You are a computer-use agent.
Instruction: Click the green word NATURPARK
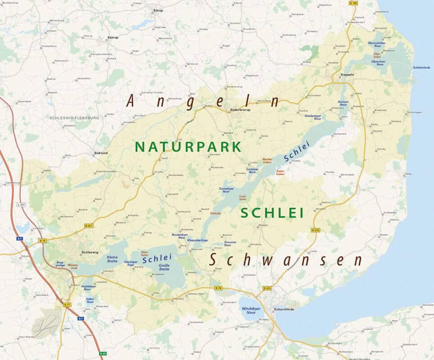pyautogui.click(x=188, y=147)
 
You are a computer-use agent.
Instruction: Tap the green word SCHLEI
pyautogui.click(x=272, y=213)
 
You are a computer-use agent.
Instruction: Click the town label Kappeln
pyautogui.click(x=348, y=74)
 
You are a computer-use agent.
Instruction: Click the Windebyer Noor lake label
pyautogui.click(x=249, y=310)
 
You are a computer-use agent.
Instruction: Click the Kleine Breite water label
pyautogui.click(x=113, y=259)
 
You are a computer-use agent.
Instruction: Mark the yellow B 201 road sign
pyautogui.click(x=89, y=225)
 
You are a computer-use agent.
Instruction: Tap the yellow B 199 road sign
pyautogui.click(x=353, y=3)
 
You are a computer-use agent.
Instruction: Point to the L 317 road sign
pyautogui.click(x=21, y=205)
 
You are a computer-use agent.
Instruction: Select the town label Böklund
pyautogui.click(x=101, y=153)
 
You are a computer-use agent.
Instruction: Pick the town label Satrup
pyautogui.click(x=113, y=37)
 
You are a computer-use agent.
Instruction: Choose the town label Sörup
pyautogui.click(x=158, y=9)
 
